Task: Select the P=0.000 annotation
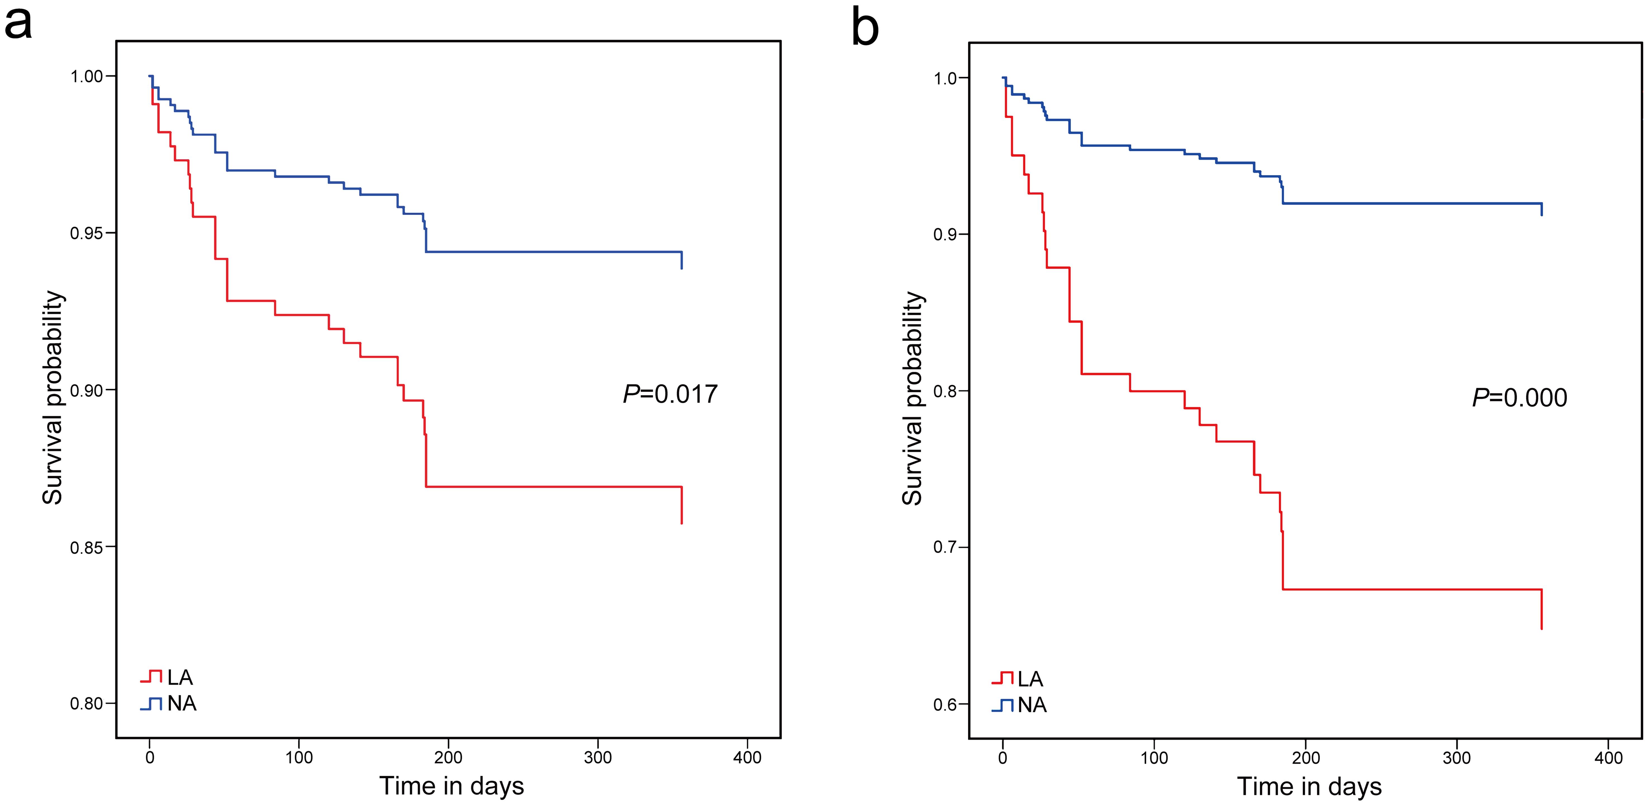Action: [1519, 398]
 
